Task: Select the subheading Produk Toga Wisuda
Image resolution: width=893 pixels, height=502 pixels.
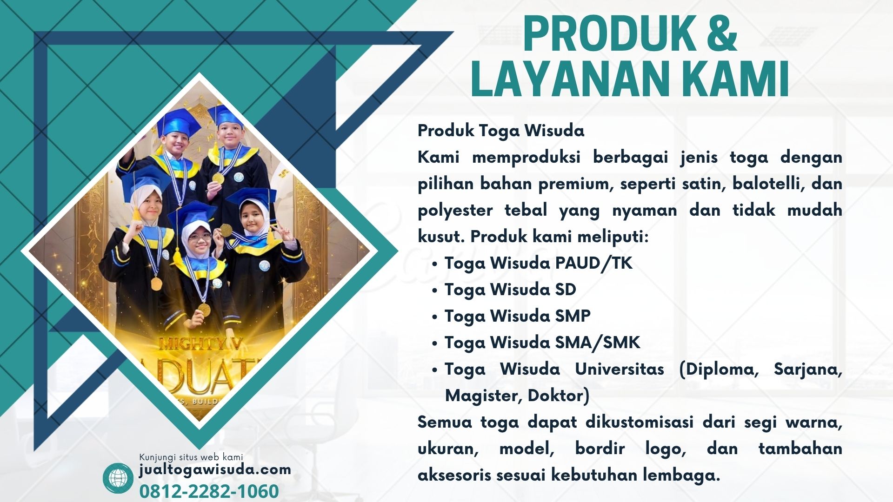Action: pos(501,131)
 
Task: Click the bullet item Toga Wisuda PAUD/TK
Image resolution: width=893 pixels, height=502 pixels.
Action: pos(539,263)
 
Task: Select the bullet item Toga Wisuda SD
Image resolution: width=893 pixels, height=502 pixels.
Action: pos(510,290)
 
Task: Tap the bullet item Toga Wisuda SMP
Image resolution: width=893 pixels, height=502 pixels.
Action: pos(518,316)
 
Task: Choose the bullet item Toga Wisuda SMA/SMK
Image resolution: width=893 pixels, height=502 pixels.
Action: pos(542,343)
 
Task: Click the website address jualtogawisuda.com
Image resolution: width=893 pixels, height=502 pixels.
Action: pos(215,470)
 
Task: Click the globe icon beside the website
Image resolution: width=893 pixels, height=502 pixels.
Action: pos(118,478)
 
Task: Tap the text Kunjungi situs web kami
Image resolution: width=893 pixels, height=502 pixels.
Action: pos(191,457)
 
